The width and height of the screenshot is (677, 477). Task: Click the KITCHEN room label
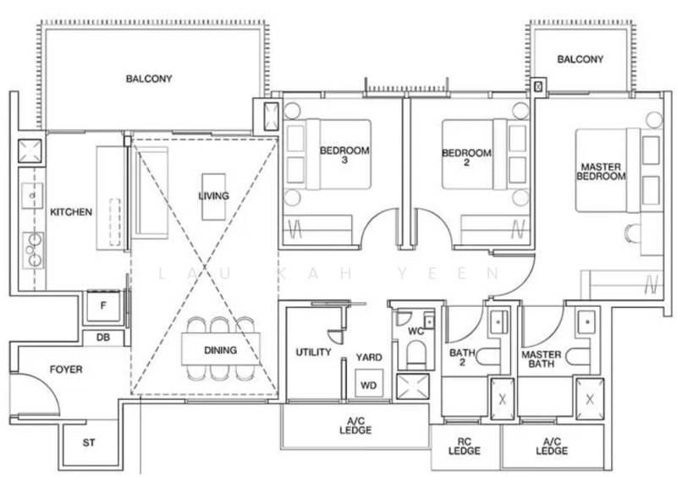click(71, 212)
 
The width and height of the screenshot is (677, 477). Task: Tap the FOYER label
click(66, 370)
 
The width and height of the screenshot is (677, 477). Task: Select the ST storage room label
click(89, 442)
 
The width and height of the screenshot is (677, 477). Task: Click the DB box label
click(103, 337)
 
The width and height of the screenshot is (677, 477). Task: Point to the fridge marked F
click(103, 305)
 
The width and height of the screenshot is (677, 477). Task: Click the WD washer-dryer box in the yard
click(369, 384)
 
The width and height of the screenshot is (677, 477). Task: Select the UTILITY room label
click(313, 352)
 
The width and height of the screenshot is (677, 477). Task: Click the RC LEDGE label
click(464, 447)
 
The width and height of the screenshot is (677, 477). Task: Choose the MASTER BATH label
click(542, 359)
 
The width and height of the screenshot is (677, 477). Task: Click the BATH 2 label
click(462, 358)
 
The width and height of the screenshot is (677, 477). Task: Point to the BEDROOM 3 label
click(344, 155)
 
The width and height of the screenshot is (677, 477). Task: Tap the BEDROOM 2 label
click(467, 157)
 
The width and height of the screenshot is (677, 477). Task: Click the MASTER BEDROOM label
click(601, 172)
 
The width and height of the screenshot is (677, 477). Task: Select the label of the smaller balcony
click(580, 59)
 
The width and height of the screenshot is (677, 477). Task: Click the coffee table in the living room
click(214, 197)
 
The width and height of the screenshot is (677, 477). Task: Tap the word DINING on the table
click(221, 350)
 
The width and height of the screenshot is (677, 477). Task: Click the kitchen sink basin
click(32, 195)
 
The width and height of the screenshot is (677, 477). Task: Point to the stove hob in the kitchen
click(33, 250)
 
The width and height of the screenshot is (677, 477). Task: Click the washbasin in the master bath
click(587, 322)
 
